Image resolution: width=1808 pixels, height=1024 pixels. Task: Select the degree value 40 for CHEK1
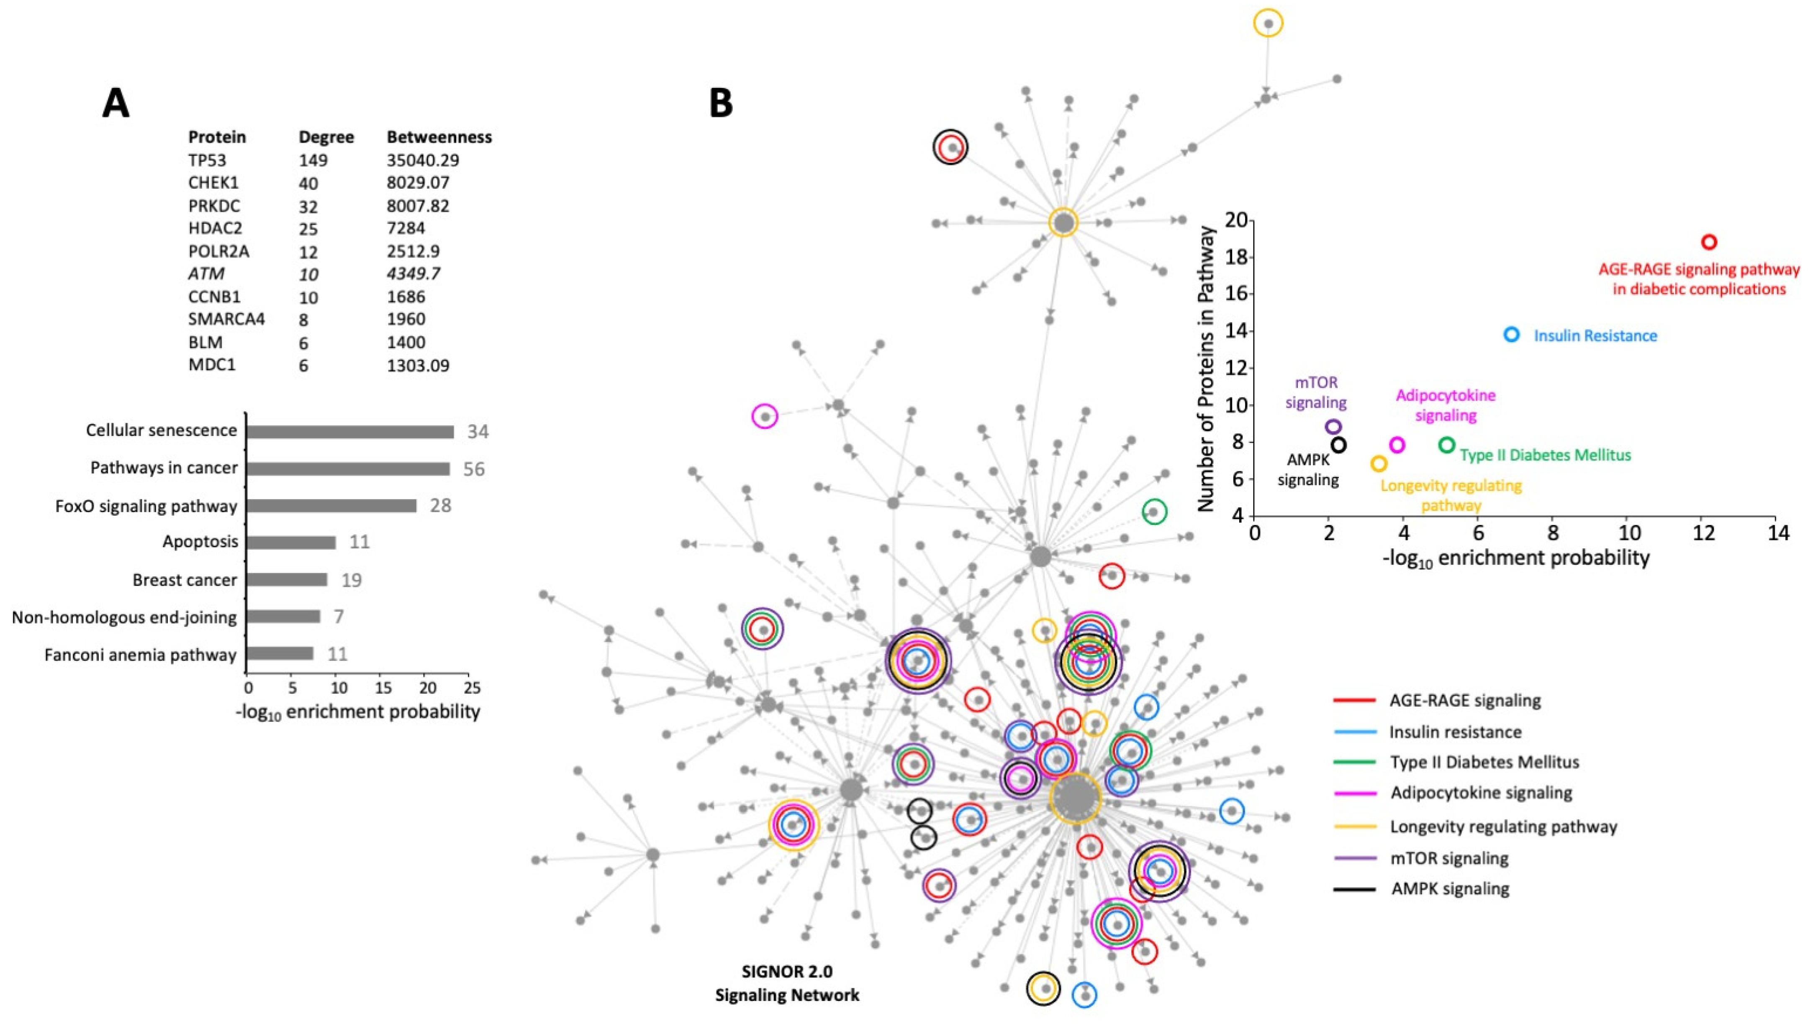click(308, 184)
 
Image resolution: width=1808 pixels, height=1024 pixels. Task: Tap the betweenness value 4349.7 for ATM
click(413, 274)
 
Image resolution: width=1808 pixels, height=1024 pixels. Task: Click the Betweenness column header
click(439, 137)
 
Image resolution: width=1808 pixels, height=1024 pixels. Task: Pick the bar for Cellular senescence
click(349, 432)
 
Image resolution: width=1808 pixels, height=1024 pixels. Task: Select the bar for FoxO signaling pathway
click(331, 506)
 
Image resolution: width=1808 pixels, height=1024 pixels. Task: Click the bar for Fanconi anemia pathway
click(280, 654)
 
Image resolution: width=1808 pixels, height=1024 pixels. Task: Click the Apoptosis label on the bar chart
click(200, 542)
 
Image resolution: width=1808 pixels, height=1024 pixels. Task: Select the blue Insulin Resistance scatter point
click(1511, 335)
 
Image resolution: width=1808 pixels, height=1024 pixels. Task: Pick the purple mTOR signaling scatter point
click(1333, 427)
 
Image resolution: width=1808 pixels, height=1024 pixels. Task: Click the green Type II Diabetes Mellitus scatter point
click(1446, 445)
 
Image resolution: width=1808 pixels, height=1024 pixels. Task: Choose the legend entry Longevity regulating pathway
click(1502, 827)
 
